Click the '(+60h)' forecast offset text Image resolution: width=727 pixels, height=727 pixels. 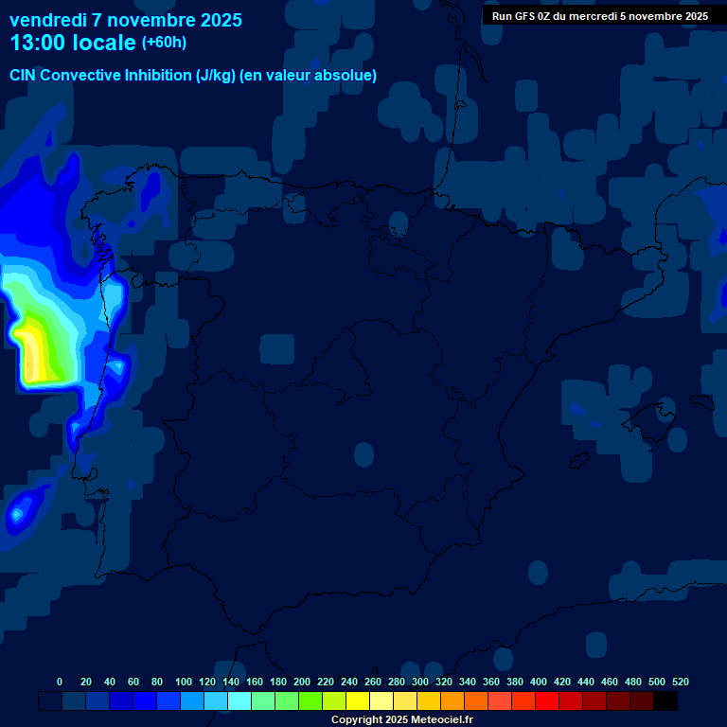pyautogui.click(x=164, y=43)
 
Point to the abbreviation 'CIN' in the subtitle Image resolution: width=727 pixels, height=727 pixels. pyautogui.click(x=23, y=76)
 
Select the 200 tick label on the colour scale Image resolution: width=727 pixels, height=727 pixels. pyautogui.click(x=302, y=682)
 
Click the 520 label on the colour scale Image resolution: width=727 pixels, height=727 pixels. pyautogui.click(x=681, y=682)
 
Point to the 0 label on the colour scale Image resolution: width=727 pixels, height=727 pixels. pyautogui.click(x=60, y=682)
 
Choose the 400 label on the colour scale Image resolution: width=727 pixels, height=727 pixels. pyautogui.click(x=539, y=682)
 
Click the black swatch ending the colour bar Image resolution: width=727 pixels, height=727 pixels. pyautogui.click(x=665, y=701)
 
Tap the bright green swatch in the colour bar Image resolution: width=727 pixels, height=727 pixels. pyautogui.click(x=310, y=701)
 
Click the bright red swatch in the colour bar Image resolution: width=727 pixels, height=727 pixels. pyautogui.click(x=547, y=701)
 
